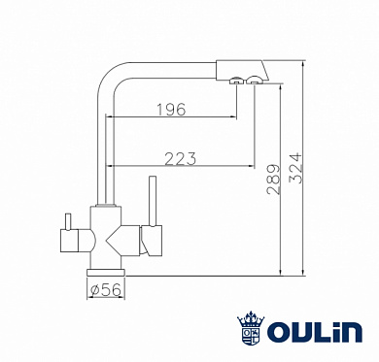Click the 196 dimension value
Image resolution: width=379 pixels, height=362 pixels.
tap(171, 109)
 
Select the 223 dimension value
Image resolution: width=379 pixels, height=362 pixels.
tap(181, 158)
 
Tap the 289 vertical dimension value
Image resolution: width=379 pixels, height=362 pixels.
tap(273, 180)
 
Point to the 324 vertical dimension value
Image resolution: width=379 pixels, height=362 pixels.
tap(295, 168)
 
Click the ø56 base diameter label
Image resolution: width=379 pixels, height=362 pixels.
tap(106, 289)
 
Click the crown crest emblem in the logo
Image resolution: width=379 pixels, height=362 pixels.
tap(251, 327)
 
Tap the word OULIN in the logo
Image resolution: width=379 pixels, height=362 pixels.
tap(314, 332)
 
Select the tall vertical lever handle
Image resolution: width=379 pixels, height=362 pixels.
tap(153, 201)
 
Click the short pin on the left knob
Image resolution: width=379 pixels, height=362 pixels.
tap(68, 221)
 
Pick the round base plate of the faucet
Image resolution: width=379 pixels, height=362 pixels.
tap(106, 272)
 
